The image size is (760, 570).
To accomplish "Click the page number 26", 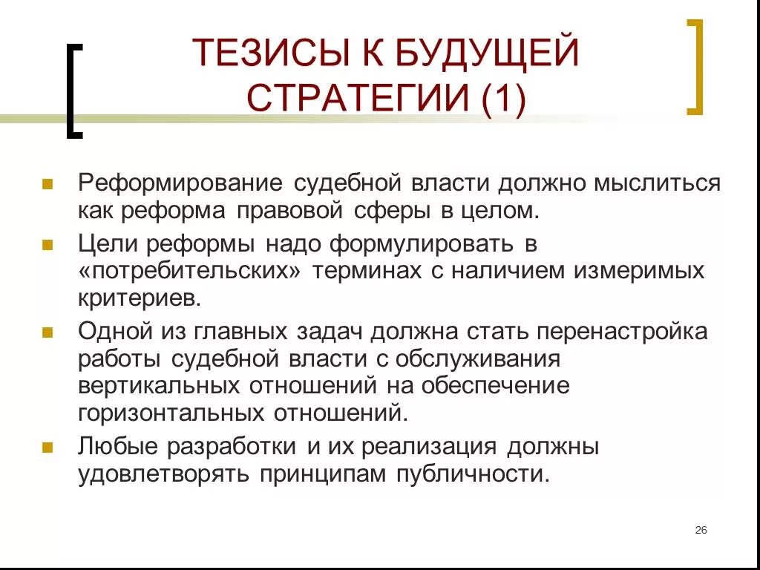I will point(701,530).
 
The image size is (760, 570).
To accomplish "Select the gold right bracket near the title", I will point(695,67).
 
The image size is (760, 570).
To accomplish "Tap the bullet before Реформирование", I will point(47,183).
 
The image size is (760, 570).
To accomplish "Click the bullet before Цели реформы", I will point(47,244).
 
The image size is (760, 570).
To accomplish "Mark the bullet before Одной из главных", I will point(47,332).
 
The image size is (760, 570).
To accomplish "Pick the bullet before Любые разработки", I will point(47,448).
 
